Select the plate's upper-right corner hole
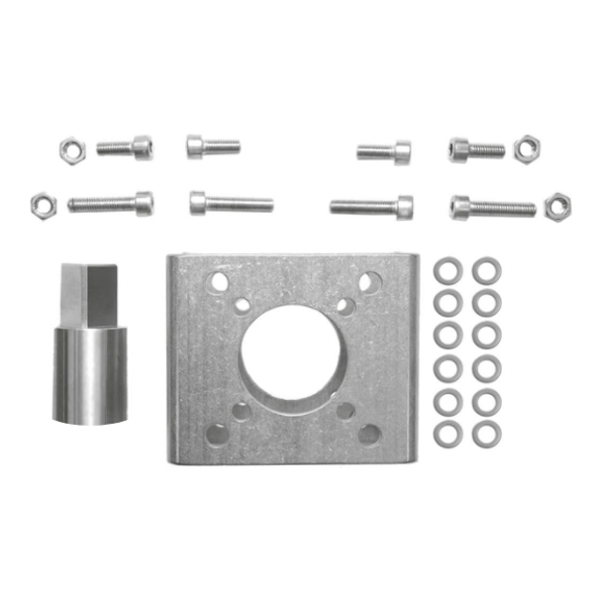(367, 282)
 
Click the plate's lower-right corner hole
(368, 433)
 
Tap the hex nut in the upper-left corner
(71, 149)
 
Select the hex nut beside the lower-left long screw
(43, 205)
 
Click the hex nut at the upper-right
(527, 148)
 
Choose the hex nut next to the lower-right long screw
(557, 207)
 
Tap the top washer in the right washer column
(486, 271)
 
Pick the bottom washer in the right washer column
(486, 433)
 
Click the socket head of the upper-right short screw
(459, 149)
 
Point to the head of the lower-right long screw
(460, 207)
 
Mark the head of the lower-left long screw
(144, 203)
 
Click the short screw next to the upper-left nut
(125, 148)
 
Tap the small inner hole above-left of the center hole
(243, 304)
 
